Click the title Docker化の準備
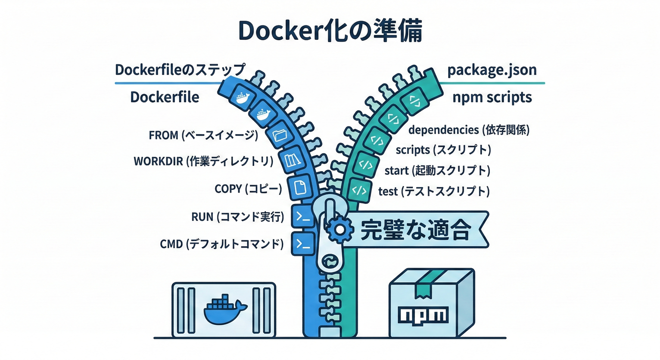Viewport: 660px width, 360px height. pos(330,31)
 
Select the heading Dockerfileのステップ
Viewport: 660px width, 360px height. pos(180,70)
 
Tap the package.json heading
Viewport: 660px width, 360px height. pos(492,70)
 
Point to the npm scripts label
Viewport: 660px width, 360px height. pos(492,97)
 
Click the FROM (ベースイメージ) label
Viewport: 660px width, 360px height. pos(203,135)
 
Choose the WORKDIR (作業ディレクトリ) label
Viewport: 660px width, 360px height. pos(203,161)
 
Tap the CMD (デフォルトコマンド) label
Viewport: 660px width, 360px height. pos(222,244)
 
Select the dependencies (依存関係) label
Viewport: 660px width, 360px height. pos(469,129)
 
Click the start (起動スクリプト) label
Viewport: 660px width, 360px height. pos(437,170)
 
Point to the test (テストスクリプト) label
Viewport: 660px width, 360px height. pos(434,191)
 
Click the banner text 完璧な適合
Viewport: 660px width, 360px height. pos(415,230)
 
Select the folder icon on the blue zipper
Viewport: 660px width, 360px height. pos(281,135)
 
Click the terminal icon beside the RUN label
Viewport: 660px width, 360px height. pos(303,217)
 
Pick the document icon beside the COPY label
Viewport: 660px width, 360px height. pos(298,187)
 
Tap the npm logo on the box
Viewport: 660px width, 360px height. pos(423,314)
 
